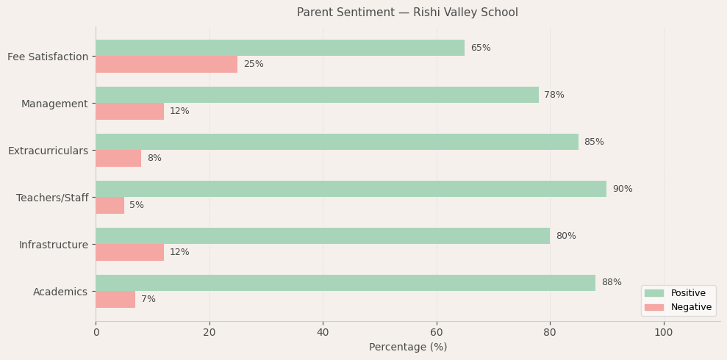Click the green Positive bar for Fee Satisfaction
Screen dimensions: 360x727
(279, 48)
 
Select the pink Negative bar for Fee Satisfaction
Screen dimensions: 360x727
(166, 65)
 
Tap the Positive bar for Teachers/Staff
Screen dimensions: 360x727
(351, 189)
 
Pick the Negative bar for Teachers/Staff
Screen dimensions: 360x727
(110, 206)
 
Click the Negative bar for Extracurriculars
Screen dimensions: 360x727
(118, 159)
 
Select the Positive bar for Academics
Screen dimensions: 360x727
(345, 283)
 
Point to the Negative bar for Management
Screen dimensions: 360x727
(129, 112)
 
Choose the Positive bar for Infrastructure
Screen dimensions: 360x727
(323, 236)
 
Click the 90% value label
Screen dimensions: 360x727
(622, 189)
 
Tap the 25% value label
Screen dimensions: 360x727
(253, 65)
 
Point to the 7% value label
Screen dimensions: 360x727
(148, 300)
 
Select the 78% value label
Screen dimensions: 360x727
(554, 96)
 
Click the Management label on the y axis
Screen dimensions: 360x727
(54, 104)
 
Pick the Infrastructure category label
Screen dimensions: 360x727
(53, 245)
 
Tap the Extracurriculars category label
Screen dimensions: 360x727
(48, 151)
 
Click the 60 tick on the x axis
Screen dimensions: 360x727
(437, 332)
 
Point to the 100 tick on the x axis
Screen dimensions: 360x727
(664, 332)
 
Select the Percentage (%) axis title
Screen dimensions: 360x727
(407, 347)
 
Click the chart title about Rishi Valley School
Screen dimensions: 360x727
(407, 12)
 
